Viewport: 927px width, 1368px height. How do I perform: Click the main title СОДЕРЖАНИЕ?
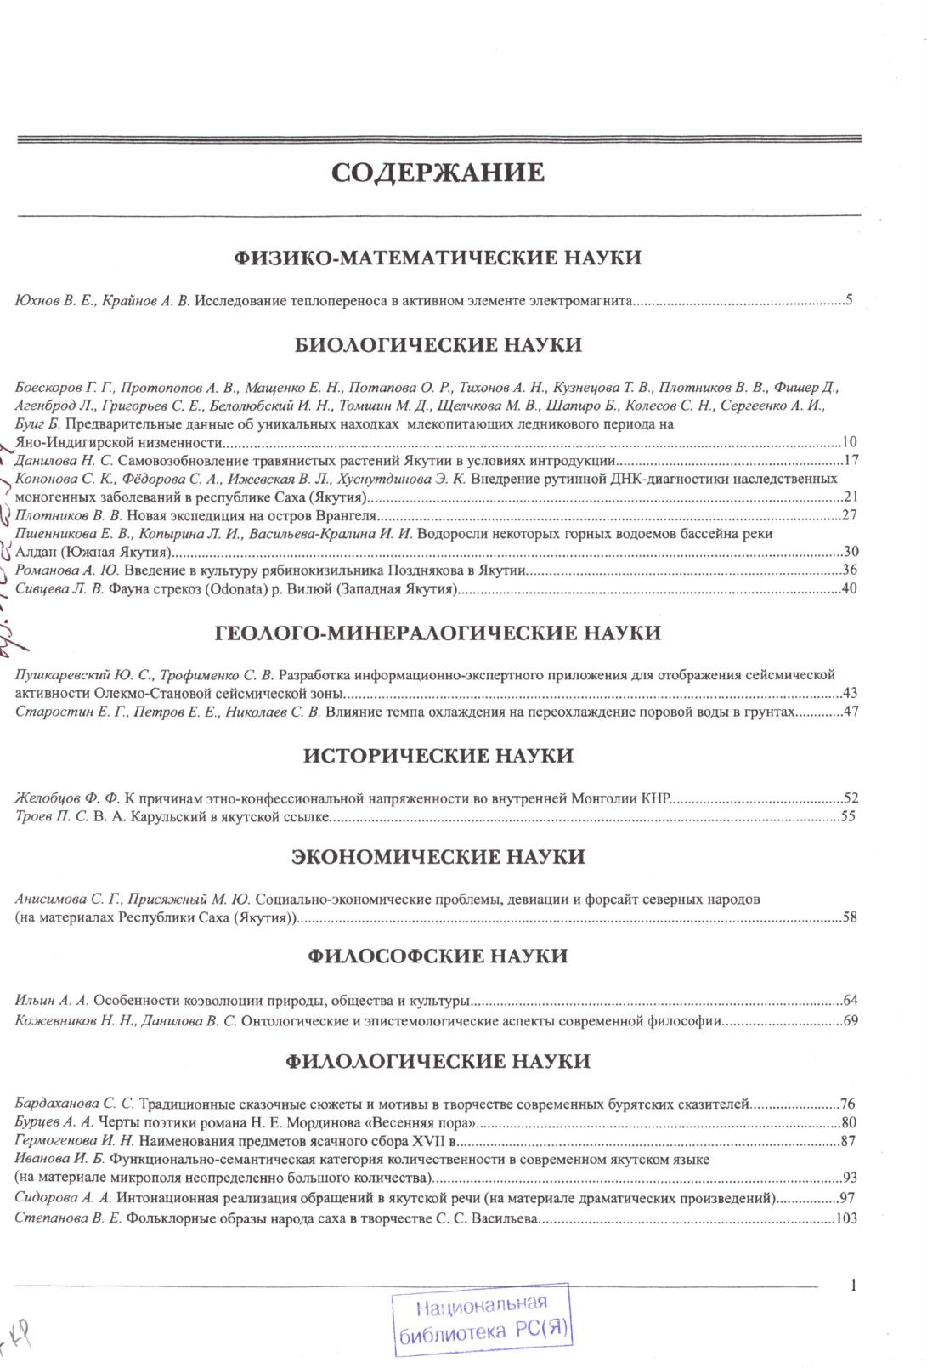click(x=438, y=173)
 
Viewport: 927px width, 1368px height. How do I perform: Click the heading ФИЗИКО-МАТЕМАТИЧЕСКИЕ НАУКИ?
click(x=438, y=258)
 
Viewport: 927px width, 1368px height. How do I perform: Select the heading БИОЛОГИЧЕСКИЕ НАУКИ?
click(x=438, y=345)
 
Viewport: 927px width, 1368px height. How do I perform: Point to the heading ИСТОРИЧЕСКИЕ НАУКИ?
click(x=438, y=756)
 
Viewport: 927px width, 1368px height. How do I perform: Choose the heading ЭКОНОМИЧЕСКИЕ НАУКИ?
click(x=438, y=856)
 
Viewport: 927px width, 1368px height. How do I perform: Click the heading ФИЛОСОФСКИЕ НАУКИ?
click(x=438, y=956)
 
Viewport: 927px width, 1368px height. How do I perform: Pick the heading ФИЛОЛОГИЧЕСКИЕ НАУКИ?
click(x=438, y=1062)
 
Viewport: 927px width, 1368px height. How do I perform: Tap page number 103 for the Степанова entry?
click(x=846, y=1218)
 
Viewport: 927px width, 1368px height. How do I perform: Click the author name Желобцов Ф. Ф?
click(x=69, y=798)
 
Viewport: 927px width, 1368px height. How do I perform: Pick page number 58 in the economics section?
click(x=850, y=917)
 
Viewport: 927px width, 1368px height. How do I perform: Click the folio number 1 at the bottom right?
click(x=853, y=1286)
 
